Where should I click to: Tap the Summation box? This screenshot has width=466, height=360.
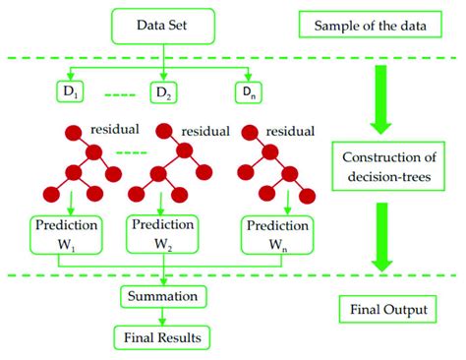161,294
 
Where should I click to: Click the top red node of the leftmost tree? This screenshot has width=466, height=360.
72,132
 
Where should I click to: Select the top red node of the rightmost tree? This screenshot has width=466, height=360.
253,133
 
